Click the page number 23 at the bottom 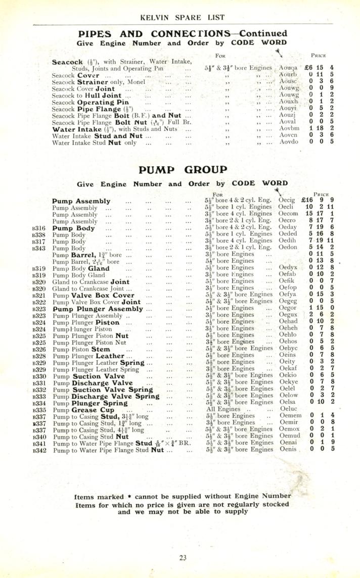[183, 558]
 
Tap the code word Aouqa [289, 67]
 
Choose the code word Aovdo [289, 142]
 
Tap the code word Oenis [288, 435]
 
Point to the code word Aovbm [290, 129]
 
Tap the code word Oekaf [288, 368]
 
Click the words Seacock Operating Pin [91, 102]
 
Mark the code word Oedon [288, 248]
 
